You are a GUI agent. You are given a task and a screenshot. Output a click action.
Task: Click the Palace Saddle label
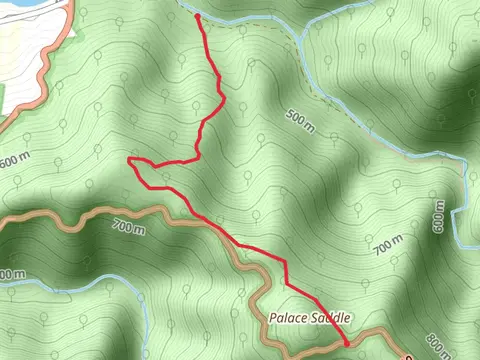click(309, 317)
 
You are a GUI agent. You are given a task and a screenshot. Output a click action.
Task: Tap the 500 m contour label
click(301, 117)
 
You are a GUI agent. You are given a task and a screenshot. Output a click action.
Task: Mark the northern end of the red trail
click(197, 16)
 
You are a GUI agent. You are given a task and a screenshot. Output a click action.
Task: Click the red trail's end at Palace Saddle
click(347, 342)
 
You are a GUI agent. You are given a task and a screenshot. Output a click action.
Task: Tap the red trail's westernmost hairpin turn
click(131, 159)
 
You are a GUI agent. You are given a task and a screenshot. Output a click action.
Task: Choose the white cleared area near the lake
click(25, 50)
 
